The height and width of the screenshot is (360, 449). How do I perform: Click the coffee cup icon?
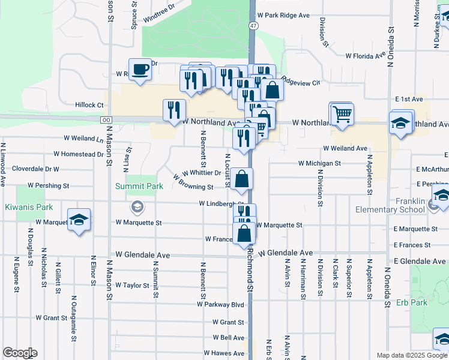point(140,70)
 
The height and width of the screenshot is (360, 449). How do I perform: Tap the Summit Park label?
point(139,187)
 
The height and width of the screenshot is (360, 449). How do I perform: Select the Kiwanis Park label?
point(25,207)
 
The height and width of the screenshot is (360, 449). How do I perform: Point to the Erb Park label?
point(412,302)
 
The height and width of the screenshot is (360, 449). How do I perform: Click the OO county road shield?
point(107,120)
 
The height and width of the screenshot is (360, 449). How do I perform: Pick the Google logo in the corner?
point(20,353)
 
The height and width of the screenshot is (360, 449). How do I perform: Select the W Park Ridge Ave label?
point(283,15)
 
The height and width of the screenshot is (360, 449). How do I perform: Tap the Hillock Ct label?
point(89,105)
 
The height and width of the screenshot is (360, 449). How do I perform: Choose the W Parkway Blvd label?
point(220,304)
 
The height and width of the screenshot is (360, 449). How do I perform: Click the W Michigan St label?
point(319,163)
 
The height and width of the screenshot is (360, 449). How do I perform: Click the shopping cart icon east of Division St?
point(342,113)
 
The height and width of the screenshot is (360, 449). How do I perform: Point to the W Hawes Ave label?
point(224,353)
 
